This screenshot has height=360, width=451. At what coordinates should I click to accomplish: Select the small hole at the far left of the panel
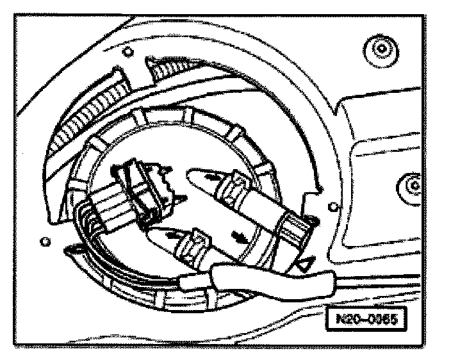coord(44,241)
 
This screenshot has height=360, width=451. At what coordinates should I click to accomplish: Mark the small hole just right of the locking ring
coord(332,206)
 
